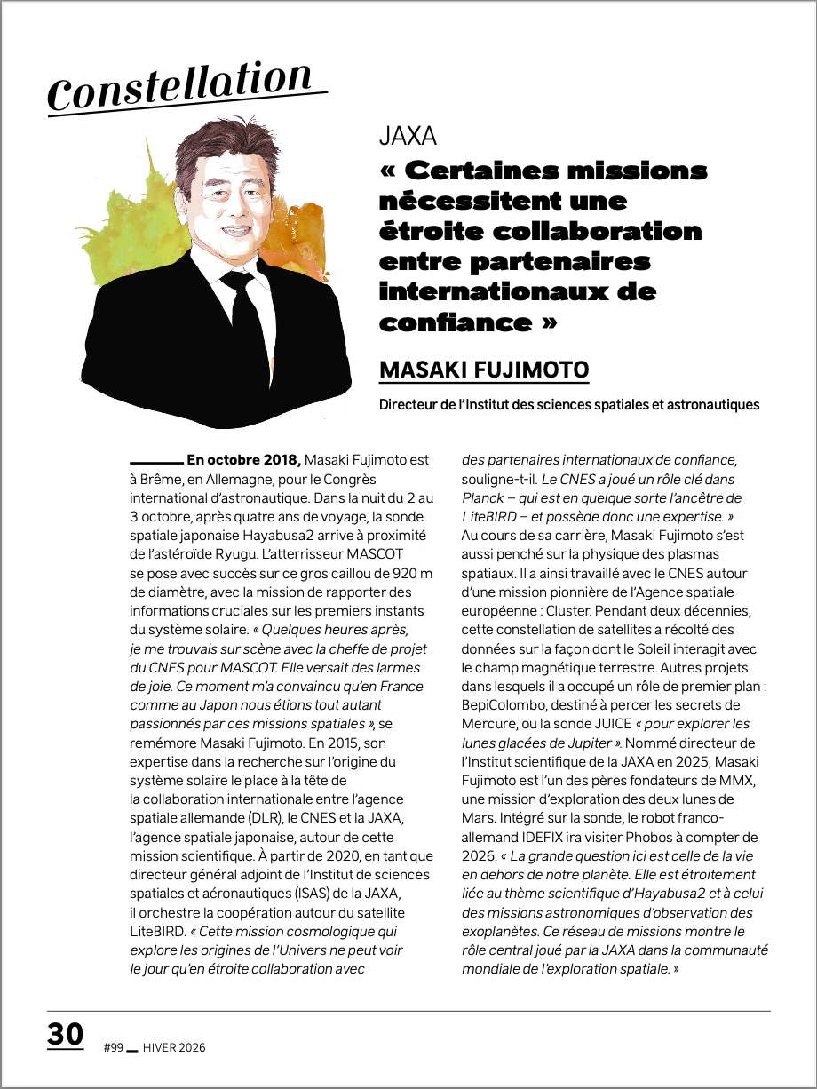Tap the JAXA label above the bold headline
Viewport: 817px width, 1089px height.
pyautogui.click(x=408, y=136)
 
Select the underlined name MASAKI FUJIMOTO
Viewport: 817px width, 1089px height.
pyautogui.click(x=484, y=370)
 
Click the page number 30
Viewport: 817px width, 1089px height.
pyautogui.click(x=66, y=1035)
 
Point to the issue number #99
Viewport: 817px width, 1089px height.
pyautogui.click(x=113, y=1048)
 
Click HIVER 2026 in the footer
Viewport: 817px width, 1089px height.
pyautogui.click(x=174, y=1048)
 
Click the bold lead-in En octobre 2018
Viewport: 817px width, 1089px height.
pyautogui.click(x=243, y=460)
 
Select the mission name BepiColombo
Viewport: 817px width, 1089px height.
pyautogui.click(x=506, y=705)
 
